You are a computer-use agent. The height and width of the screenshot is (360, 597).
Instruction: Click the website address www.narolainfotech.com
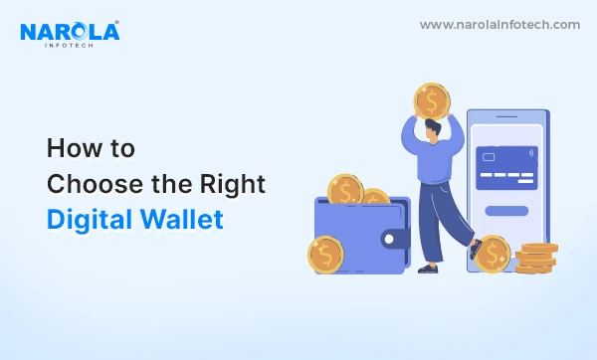tap(498, 25)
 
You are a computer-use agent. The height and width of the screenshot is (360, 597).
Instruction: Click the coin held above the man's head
tap(431, 100)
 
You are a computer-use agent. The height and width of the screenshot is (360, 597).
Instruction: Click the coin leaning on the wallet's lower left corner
tap(325, 255)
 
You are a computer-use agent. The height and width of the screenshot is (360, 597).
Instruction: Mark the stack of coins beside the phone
tap(537, 260)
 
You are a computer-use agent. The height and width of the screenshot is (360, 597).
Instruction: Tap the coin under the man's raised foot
tap(492, 255)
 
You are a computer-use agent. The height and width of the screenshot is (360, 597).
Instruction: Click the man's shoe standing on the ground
tap(429, 267)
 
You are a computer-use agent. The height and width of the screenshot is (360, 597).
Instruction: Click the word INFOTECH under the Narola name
tap(69, 46)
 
